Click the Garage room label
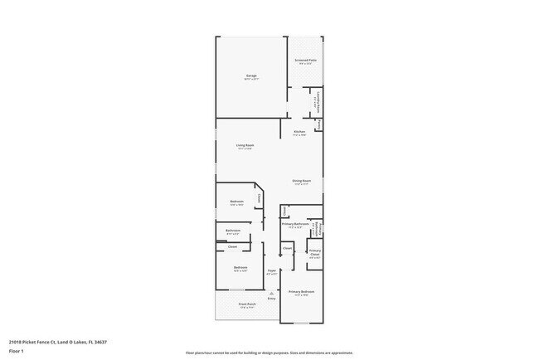click(x=250, y=75)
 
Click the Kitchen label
click(x=299, y=132)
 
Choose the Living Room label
click(x=245, y=145)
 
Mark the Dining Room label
click(x=301, y=181)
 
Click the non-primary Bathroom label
click(x=233, y=231)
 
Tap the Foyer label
click(x=271, y=270)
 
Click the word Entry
click(x=271, y=298)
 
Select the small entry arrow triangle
click(x=271, y=293)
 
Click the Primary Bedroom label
click(x=301, y=292)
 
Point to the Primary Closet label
click(x=315, y=253)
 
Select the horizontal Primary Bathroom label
click(x=296, y=223)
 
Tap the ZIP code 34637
click(x=100, y=342)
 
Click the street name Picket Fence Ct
click(x=38, y=342)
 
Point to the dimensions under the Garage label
click(x=250, y=80)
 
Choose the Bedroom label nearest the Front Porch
click(x=240, y=267)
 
